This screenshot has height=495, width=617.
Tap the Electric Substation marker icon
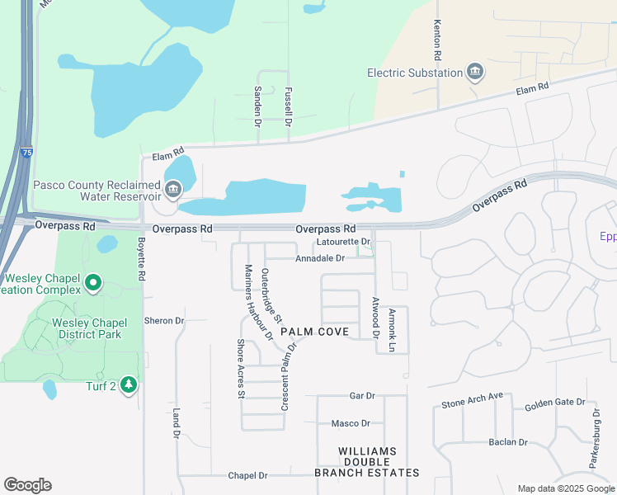click(475, 73)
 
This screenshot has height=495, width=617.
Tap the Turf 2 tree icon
click(128, 384)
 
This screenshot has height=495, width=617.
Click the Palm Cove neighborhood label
click(314, 332)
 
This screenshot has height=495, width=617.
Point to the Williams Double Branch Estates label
click(367, 462)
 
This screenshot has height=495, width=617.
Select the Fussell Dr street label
click(289, 106)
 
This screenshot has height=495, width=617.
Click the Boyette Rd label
click(141, 262)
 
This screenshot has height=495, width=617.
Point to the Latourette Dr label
click(343, 242)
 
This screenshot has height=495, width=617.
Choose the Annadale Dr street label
click(320, 258)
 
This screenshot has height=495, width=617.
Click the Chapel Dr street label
click(247, 476)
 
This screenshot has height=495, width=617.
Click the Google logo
click(27, 485)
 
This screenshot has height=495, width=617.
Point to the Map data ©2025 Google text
click(565, 488)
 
